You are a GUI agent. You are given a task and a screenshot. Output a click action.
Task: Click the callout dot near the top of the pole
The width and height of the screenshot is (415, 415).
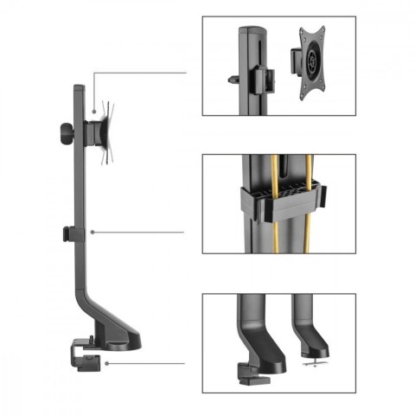coord(93,111)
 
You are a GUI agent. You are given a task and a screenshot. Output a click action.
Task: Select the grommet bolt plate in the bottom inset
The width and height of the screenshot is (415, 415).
coord(310,360)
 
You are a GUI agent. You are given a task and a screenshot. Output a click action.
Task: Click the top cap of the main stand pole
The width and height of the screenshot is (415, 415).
coord(77,86)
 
